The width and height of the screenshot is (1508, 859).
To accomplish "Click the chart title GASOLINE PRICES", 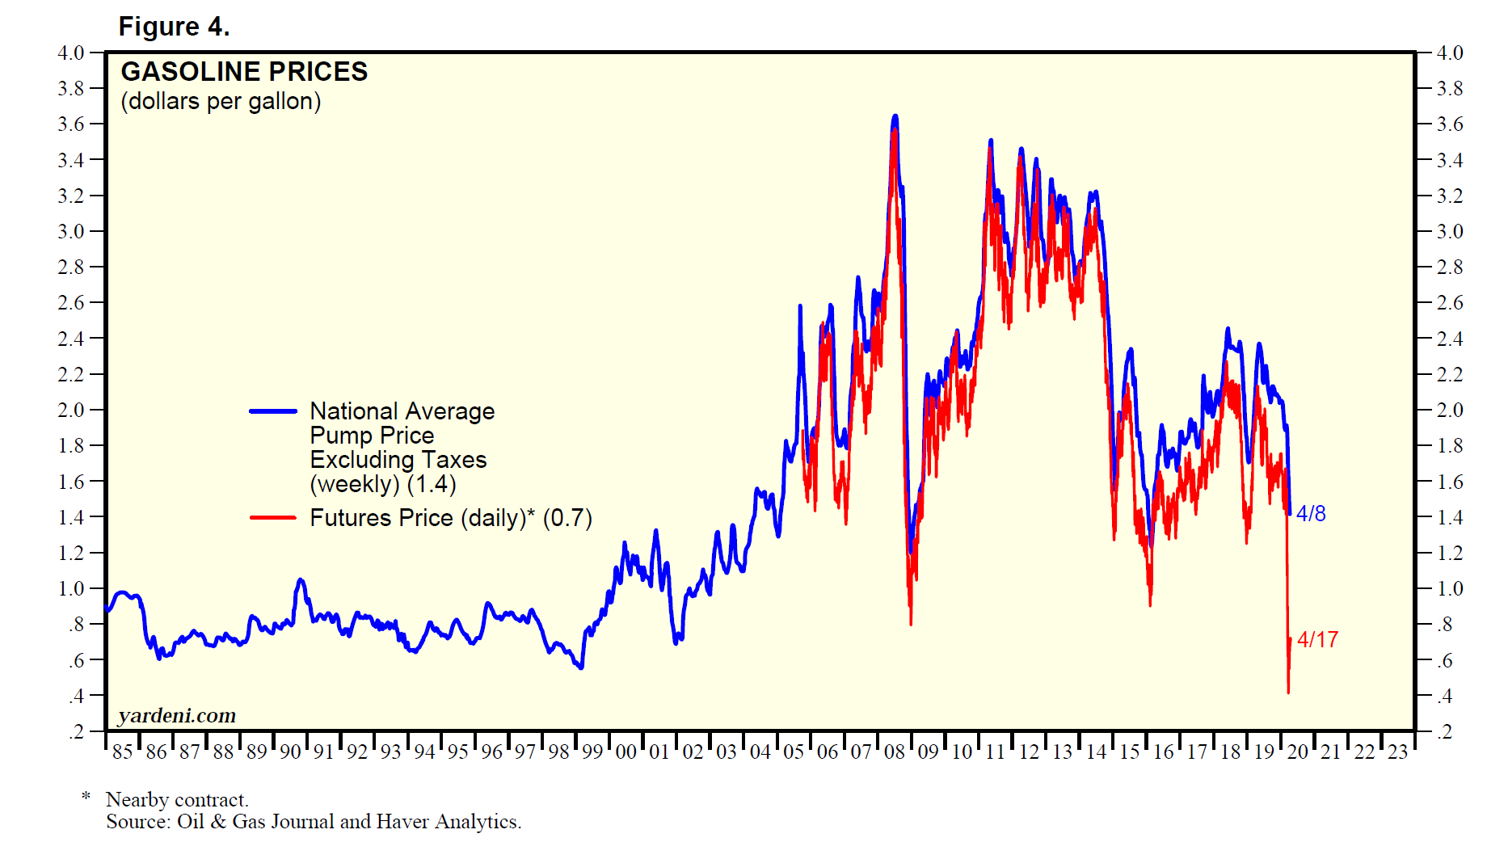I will [244, 72].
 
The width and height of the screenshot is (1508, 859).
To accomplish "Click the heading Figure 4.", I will [174, 27].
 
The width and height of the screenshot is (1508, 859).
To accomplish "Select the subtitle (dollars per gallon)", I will [221, 102].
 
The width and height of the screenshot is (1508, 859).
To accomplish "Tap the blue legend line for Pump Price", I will [273, 411].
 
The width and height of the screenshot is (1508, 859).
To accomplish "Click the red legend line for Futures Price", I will [273, 518].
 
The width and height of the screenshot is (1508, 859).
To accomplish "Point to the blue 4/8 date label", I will [1311, 514].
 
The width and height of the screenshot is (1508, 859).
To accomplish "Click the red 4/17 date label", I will [1317, 640].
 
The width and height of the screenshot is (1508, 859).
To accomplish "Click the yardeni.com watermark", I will [177, 716].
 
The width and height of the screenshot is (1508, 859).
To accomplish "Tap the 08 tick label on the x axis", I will [895, 752].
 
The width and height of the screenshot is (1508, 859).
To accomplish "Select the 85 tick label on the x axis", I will [122, 752].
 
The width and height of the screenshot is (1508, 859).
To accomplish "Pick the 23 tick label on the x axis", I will [1398, 752].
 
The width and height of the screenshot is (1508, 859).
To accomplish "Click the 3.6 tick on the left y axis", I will [71, 124].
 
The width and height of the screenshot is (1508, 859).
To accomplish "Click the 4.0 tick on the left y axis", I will [71, 53].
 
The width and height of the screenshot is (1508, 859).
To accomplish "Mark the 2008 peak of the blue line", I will [895, 116].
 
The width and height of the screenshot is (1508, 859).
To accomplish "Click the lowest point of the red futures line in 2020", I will [1288, 692].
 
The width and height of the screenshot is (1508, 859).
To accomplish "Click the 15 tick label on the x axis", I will [1130, 752].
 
